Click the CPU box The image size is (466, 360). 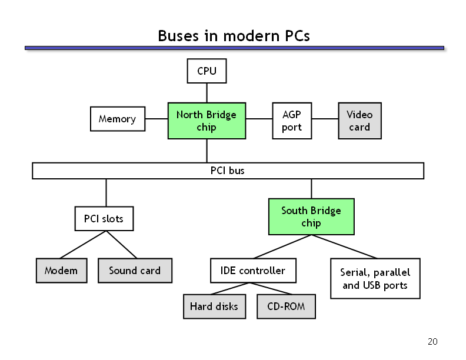pyautogui.click(x=207, y=71)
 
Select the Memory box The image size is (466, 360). pyautogui.click(x=118, y=119)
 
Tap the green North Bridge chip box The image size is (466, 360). pyautogui.click(x=207, y=121)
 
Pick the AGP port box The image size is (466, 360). pyautogui.click(x=292, y=121)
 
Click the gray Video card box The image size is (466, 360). pyautogui.click(x=360, y=121)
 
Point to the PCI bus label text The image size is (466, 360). pyautogui.click(x=227, y=171)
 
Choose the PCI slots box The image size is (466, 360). pyautogui.click(x=104, y=219)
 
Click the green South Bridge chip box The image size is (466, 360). pyautogui.click(x=311, y=216)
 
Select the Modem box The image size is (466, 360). pyautogui.click(x=62, y=271)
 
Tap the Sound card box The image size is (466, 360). pyautogui.click(x=135, y=271)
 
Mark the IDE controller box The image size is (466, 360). pyautogui.click(x=253, y=271)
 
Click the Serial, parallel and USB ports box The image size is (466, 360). pyautogui.click(x=375, y=278)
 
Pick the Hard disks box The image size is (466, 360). pyautogui.click(x=214, y=306)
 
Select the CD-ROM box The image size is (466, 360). pyautogui.click(x=286, y=306)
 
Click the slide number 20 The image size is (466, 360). pyautogui.click(x=432, y=342)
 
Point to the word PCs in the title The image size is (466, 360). pyautogui.click(x=297, y=36)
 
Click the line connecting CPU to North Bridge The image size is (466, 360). pyautogui.click(x=207, y=93)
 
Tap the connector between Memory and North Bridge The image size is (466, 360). pyautogui.click(x=157, y=119)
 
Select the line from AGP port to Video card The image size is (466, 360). pyautogui.click(x=325, y=119)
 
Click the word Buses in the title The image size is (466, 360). pyautogui.click(x=178, y=36)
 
